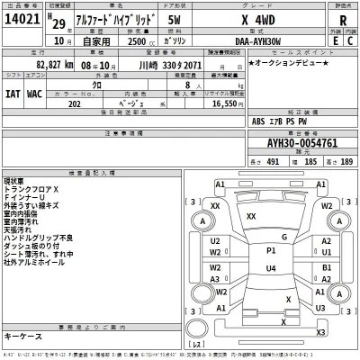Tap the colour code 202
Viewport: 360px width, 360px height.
pos(99,104)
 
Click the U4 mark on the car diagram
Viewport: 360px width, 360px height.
pos(270,267)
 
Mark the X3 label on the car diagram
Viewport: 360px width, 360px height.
pos(319,334)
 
